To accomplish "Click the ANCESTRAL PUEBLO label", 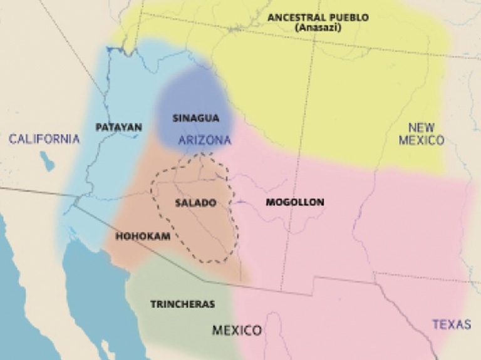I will tap(318, 18).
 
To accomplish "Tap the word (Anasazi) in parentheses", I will tap(318, 28).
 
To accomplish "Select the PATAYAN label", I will tap(119, 127).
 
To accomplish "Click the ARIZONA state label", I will tap(205, 140).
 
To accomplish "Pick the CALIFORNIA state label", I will tap(44, 138).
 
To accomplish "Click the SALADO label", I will tap(195, 203).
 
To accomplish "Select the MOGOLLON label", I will tap(294, 202).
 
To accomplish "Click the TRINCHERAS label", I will tap(182, 304).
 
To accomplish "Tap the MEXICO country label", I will tap(237, 330).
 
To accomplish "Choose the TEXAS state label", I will tap(451, 324).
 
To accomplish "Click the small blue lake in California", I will tap(48, 161).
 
